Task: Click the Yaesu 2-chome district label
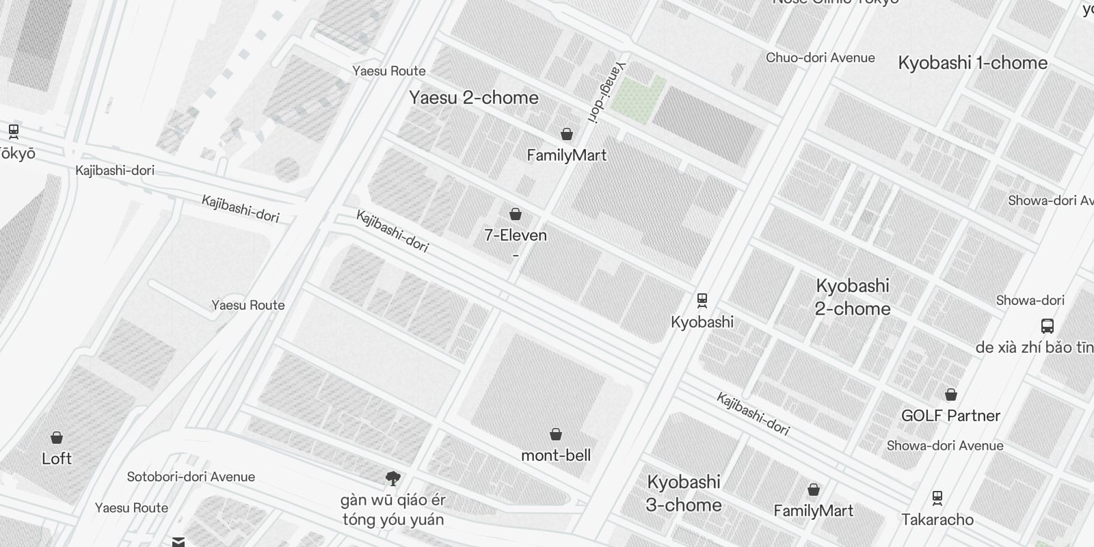pos(474,98)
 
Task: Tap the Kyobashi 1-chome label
pos(972,63)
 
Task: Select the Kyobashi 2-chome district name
pos(853,297)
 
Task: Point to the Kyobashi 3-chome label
pos(684,493)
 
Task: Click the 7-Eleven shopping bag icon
pos(516,215)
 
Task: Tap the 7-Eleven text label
pos(516,235)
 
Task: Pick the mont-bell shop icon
pos(556,435)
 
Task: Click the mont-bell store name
pos(556,455)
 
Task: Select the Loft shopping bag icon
pos(57,438)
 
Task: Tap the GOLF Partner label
pos(950,416)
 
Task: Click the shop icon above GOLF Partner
pos(950,395)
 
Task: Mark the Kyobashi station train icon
pos(702,300)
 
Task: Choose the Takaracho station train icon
pos(937,498)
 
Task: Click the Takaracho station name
pos(937,520)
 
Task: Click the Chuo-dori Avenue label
pos(820,58)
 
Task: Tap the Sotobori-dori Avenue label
pos(191,477)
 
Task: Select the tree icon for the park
pos(392,479)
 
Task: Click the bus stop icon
pos(1047,326)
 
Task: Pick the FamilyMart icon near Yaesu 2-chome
pos(566,134)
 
